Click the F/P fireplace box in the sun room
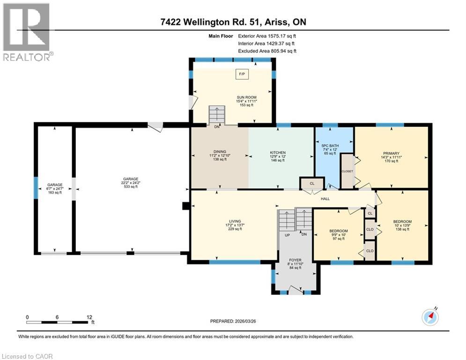(242, 74)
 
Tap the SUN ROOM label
(246, 97)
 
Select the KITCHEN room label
(278, 153)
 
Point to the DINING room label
(220, 152)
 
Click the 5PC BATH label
(330, 146)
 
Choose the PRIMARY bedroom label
(391, 154)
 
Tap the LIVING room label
(235, 221)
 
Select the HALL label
(325, 199)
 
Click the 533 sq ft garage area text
(131, 187)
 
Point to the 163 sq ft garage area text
(55, 193)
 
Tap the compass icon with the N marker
(430, 316)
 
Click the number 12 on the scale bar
(89, 317)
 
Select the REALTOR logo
(27, 32)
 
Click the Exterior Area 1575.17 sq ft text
(267, 36)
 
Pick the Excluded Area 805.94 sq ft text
(267, 51)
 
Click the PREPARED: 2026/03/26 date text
(233, 321)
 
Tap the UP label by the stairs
(287, 235)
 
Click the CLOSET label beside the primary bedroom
(347, 172)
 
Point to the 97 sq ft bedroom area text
(339, 239)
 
